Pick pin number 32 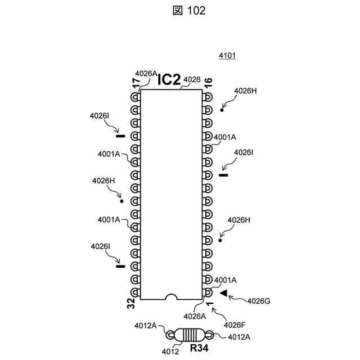pos(130,304)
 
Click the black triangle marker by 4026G pos(223,293)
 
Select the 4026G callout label pos(259,301)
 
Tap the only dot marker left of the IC pos(121,200)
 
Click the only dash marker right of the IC pos(223,174)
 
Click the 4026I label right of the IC pos(244,152)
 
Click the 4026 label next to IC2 pos(192,79)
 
